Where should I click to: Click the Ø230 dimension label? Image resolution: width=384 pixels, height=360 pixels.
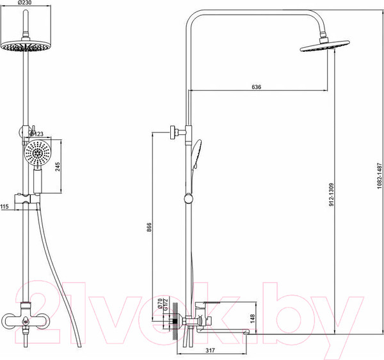[25, 3]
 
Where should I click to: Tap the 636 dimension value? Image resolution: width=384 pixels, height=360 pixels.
[257, 87]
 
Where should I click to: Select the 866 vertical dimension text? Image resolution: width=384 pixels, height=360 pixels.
[149, 227]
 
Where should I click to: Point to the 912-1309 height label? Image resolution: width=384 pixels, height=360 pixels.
[332, 194]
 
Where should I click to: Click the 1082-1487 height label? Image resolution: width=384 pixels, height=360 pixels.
[380, 176]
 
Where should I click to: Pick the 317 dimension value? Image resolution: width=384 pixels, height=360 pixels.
[210, 350]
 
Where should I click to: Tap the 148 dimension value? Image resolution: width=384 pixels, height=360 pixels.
[253, 319]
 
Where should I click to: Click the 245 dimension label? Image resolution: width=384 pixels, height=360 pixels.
[58, 167]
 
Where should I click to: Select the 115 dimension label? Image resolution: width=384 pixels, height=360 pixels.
[4, 207]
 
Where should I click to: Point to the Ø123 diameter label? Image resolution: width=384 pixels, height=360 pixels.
[36, 134]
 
